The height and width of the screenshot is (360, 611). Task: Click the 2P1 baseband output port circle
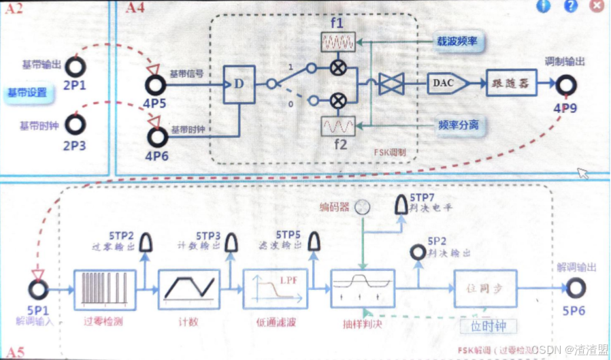point(75,66)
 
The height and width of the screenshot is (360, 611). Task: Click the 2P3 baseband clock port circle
point(75,125)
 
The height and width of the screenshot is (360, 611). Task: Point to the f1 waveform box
point(337,43)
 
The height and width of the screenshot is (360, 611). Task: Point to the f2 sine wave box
point(337,127)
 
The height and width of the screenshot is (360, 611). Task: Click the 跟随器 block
point(511,83)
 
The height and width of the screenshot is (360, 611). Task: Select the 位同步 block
point(485,289)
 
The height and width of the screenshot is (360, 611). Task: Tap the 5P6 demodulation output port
point(576,289)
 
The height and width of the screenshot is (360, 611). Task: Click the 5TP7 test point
point(401,203)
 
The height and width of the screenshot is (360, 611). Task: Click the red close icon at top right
point(597,6)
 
